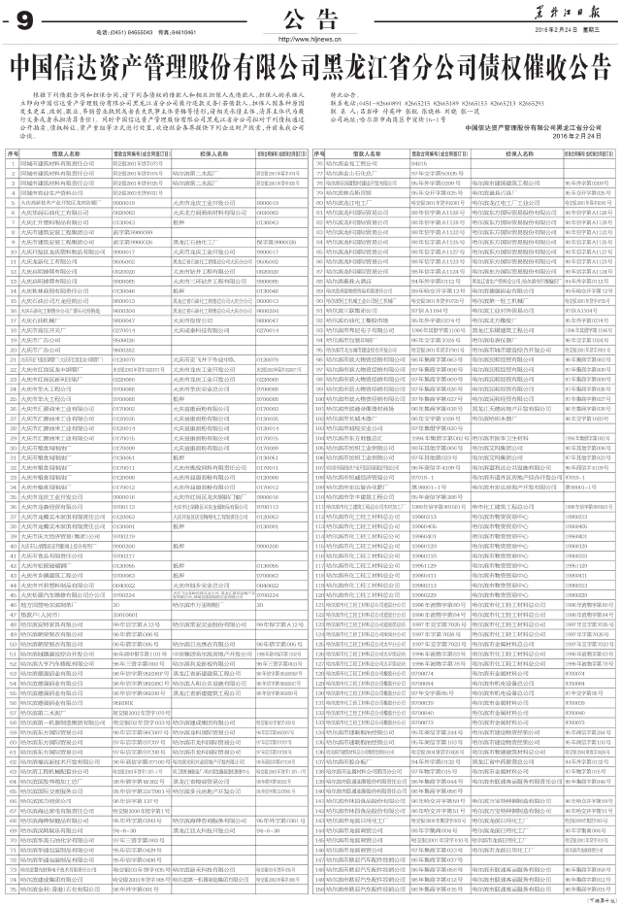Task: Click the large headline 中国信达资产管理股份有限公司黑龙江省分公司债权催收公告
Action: point(310,69)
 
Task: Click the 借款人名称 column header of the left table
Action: point(65,154)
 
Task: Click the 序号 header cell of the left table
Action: point(13,154)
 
